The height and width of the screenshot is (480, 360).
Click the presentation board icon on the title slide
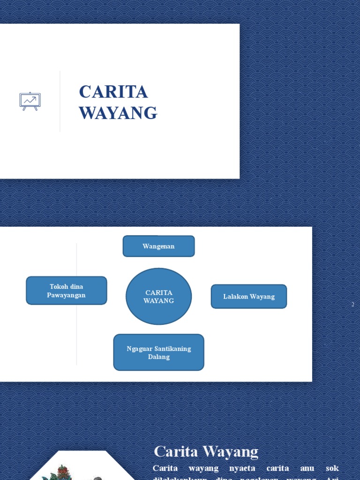pos(30,101)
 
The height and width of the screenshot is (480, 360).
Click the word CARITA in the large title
pos(113,92)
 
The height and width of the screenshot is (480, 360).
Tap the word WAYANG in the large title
pos(118,113)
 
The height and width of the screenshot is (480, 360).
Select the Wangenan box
pos(158,246)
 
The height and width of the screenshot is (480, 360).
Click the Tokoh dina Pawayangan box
pos(67,291)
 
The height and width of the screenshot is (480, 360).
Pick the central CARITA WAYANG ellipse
pos(158,296)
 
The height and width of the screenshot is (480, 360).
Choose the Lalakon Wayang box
pos(248,296)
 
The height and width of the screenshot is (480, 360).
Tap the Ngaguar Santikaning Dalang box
pos(158,352)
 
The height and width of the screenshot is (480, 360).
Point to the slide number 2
pos(352,305)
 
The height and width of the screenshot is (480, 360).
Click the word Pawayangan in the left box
pos(67,295)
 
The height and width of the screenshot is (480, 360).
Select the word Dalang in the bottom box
pos(158,357)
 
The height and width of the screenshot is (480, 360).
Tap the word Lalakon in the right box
pos(235,297)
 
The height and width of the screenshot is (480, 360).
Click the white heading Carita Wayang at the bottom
pos(206,452)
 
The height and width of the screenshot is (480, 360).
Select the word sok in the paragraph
pos(332,468)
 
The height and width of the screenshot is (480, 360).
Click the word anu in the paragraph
pos(306,468)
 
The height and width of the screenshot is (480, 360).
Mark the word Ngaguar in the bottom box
pos(139,349)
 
